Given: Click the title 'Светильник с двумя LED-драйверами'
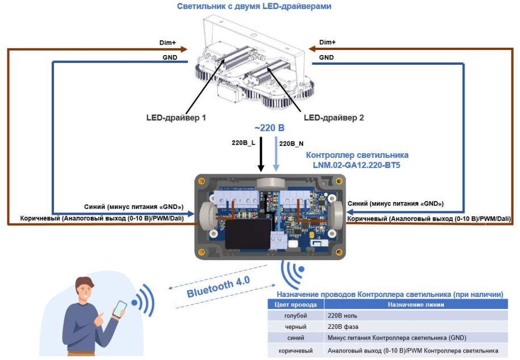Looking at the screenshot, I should click(x=254, y=6).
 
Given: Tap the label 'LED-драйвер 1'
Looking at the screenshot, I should click(x=177, y=118).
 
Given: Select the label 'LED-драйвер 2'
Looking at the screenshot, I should click(x=334, y=118).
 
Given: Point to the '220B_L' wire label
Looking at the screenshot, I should click(x=242, y=143).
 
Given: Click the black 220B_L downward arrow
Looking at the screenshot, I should click(x=261, y=153).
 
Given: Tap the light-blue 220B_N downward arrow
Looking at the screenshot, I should click(x=276, y=153).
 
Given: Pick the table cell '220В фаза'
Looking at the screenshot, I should click(x=344, y=326).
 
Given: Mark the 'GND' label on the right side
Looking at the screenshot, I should click(x=326, y=57).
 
